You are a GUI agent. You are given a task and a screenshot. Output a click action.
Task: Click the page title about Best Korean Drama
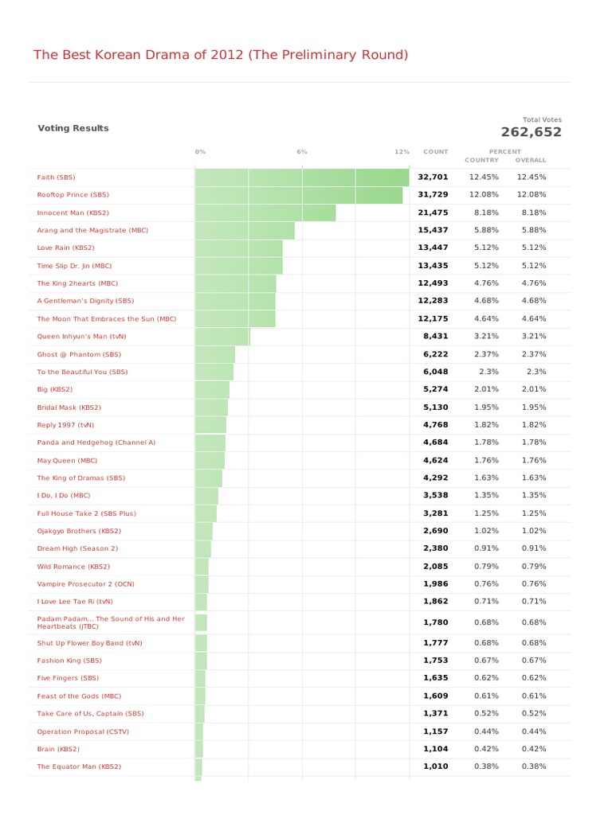(x=220, y=55)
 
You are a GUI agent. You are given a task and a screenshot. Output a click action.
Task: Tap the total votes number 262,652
(x=531, y=132)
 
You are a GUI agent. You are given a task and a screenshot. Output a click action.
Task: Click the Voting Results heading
(x=73, y=128)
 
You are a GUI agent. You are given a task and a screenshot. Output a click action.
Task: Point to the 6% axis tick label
(x=302, y=151)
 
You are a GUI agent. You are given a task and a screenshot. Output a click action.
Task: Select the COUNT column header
(x=435, y=151)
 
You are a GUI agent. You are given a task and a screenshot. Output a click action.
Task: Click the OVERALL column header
(x=531, y=160)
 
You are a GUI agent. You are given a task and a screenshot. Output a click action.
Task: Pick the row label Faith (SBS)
(x=56, y=177)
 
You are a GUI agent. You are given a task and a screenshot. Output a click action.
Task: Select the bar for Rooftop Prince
(x=299, y=195)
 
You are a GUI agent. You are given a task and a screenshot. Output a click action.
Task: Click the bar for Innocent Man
(x=265, y=213)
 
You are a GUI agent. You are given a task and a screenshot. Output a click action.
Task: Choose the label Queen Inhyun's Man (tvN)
(x=80, y=337)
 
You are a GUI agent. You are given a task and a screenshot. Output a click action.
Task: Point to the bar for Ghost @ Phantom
(x=215, y=354)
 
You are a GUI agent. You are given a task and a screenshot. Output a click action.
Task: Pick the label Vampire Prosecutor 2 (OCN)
(x=85, y=583)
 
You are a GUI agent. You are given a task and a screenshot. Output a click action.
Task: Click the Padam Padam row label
(x=110, y=622)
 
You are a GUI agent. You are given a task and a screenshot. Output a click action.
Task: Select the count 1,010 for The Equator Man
(x=435, y=766)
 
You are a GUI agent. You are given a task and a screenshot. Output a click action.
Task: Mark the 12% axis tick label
(x=402, y=151)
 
